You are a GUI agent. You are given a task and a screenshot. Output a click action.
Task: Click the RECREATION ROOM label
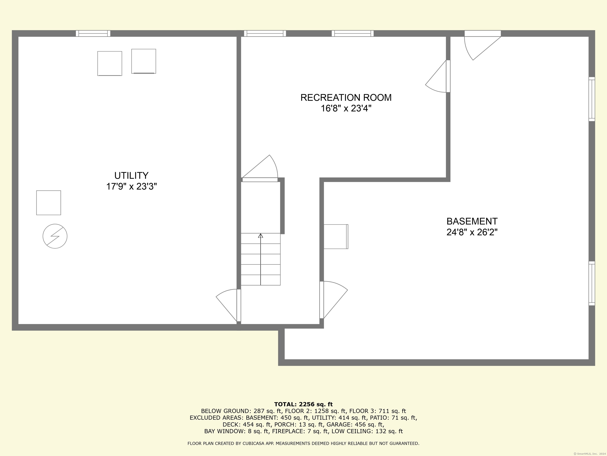[x=346, y=98]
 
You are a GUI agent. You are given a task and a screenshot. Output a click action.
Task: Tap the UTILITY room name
[x=131, y=175]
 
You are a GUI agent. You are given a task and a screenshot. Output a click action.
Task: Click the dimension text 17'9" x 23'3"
[x=131, y=187]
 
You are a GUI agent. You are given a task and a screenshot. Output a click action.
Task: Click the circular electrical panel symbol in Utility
[x=55, y=236]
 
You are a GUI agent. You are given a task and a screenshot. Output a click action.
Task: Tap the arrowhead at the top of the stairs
[x=260, y=236]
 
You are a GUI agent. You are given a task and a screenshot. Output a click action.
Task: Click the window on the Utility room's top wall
[x=93, y=33]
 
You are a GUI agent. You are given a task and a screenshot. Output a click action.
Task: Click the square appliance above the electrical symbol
[x=49, y=203]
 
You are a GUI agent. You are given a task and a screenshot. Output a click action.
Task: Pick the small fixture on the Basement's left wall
[x=336, y=236]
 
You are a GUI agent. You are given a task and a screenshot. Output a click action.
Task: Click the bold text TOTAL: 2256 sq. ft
[x=303, y=404]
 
